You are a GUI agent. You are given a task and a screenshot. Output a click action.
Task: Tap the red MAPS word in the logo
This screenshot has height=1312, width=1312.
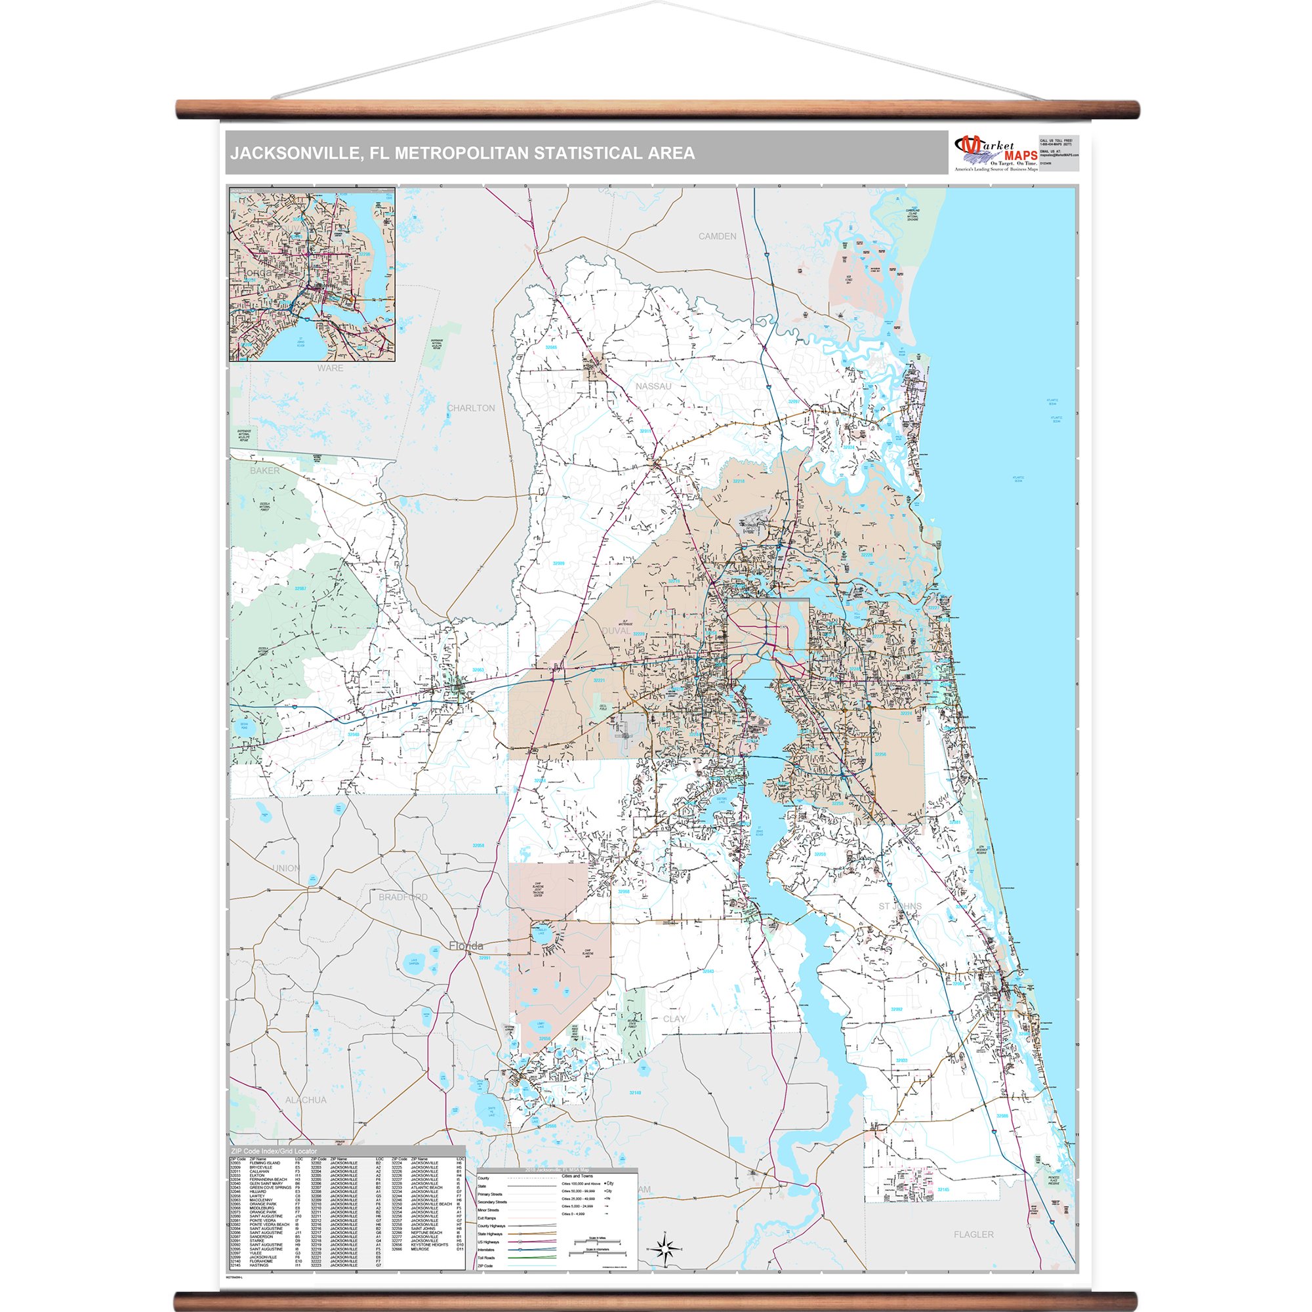[1021, 156]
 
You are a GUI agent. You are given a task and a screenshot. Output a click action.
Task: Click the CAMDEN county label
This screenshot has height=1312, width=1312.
[717, 236]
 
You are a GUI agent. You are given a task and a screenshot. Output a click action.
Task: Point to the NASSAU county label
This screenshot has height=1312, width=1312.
[653, 386]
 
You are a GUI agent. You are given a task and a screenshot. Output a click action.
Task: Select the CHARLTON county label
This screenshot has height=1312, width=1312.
[470, 408]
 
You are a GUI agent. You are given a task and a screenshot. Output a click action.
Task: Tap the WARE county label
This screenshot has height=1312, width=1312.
[330, 368]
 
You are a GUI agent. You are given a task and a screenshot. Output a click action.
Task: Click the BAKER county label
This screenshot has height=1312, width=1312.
[264, 470]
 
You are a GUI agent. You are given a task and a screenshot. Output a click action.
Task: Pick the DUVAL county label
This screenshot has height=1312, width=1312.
[615, 631]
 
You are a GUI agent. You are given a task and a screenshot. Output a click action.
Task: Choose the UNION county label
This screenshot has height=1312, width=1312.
[286, 869]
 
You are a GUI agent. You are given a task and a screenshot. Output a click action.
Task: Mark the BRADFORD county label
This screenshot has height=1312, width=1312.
[403, 897]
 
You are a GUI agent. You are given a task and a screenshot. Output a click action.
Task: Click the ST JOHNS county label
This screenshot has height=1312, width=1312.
[900, 907]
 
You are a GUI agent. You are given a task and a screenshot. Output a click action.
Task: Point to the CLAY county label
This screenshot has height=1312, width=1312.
[674, 1019]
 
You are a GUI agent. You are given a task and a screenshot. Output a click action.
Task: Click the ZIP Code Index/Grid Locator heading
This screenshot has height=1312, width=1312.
[274, 1152]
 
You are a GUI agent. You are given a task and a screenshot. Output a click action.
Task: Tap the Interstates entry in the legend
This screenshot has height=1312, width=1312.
[487, 1250]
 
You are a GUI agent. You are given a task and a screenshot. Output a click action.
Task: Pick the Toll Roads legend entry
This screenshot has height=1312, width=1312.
[487, 1258]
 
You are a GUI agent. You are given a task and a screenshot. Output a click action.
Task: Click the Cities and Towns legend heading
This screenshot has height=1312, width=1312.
[577, 1176]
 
